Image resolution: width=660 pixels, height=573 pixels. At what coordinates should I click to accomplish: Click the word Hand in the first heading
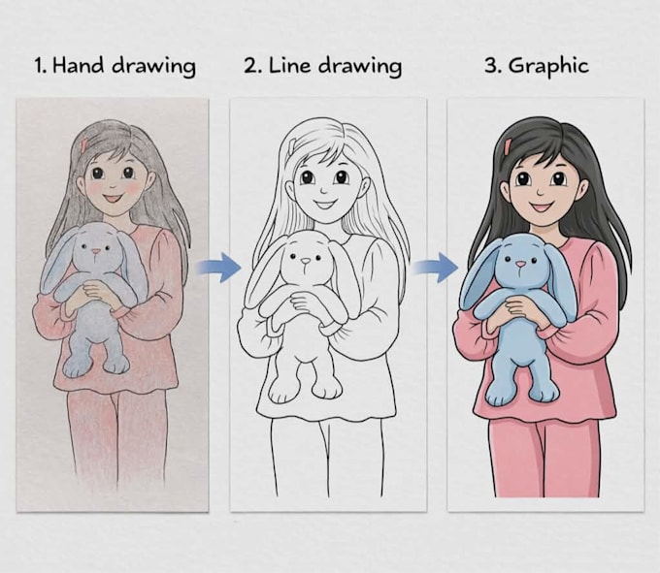pyautogui.click(x=79, y=66)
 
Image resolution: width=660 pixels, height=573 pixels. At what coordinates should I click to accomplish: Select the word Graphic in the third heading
pyautogui.click(x=548, y=67)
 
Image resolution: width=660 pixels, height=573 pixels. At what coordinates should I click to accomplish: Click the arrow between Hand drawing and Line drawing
pyautogui.click(x=218, y=268)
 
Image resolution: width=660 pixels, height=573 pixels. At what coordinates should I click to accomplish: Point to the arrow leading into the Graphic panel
pyautogui.click(x=435, y=268)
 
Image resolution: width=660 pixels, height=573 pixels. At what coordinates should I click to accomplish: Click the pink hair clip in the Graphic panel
pyautogui.click(x=508, y=145)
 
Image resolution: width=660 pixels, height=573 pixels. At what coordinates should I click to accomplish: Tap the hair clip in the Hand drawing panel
pyautogui.click(x=84, y=144)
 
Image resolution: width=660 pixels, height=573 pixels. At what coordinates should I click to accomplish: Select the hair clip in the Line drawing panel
pyautogui.click(x=293, y=145)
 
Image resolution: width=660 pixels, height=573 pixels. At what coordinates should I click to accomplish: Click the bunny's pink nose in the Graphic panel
pyautogui.click(x=520, y=265)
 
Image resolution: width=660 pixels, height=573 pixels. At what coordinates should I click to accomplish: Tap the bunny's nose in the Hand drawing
pyautogui.click(x=96, y=251)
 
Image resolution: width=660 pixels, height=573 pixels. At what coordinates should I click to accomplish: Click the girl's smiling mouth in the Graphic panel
pyautogui.click(x=543, y=207)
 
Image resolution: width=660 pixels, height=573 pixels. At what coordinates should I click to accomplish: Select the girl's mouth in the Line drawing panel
pyautogui.click(x=324, y=205)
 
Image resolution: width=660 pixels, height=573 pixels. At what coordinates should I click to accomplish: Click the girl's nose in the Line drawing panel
pyautogui.click(x=323, y=190)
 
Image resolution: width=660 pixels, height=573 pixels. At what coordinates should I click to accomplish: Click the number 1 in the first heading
pyautogui.click(x=39, y=66)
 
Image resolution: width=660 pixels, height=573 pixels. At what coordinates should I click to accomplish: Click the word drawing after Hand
pyautogui.click(x=154, y=67)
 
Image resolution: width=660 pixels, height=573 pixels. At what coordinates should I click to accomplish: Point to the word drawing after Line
pyautogui.click(x=360, y=67)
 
